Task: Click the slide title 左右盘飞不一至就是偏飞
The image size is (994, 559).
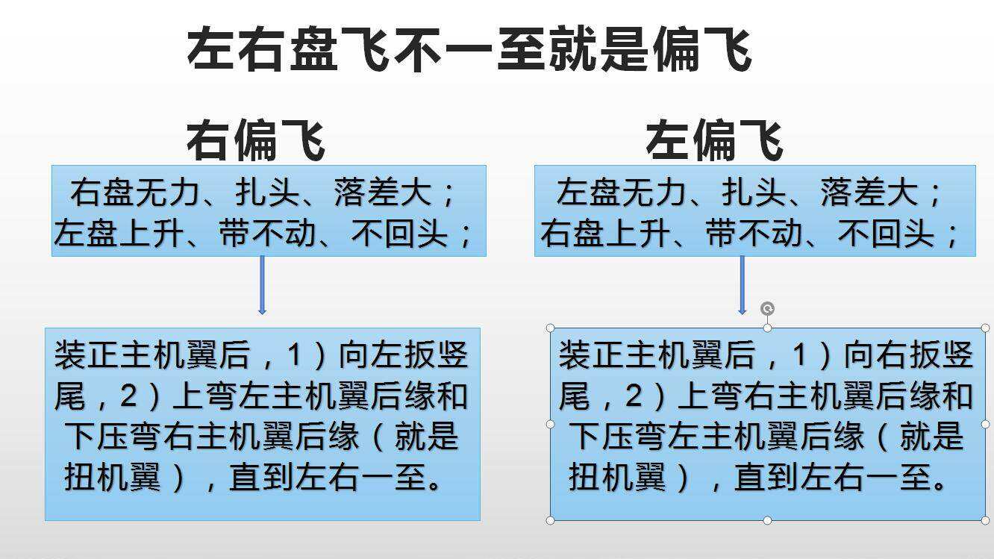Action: point(469,50)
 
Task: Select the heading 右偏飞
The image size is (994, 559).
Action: point(255,140)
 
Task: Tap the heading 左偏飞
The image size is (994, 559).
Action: point(714,140)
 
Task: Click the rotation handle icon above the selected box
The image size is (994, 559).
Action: point(767,308)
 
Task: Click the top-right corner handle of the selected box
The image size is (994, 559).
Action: point(985,328)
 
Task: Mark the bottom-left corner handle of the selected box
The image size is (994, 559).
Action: point(551,520)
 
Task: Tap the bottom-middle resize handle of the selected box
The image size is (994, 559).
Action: point(767,520)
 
